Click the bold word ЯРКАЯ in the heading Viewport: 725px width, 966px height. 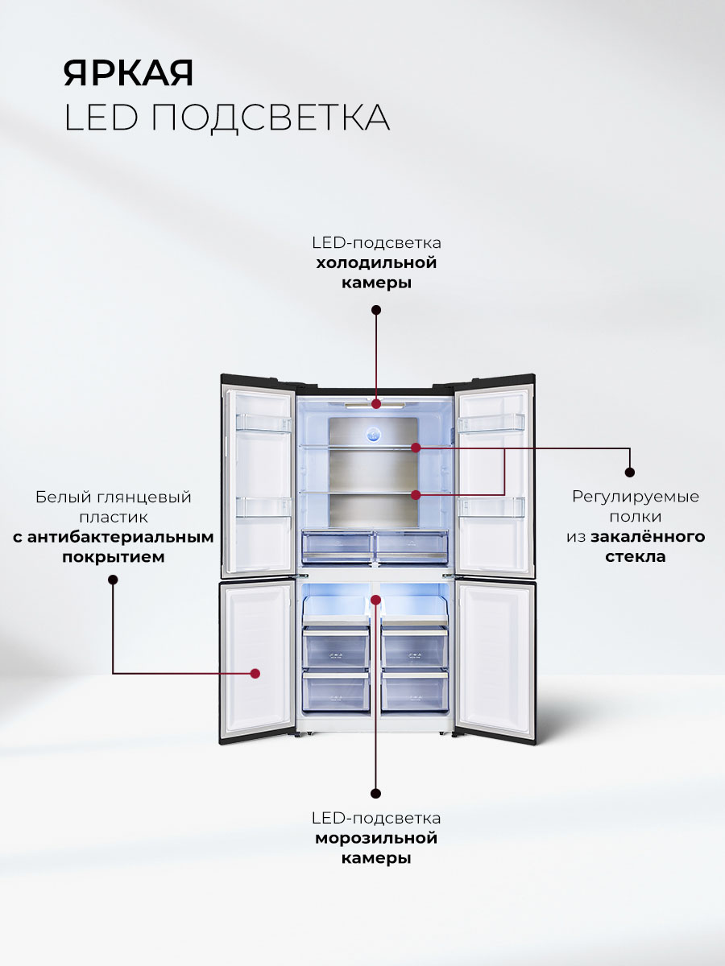click(x=129, y=73)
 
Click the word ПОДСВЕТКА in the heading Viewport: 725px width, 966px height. click(x=271, y=118)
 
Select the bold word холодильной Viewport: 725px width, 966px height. click(x=376, y=262)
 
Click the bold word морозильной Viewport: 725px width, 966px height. click(x=376, y=839)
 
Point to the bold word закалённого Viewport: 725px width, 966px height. click(x=648, y=536)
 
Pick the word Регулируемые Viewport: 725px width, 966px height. click(x=636, y=496)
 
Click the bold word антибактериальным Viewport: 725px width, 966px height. click(x=114, y=537)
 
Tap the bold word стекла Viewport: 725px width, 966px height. click(x=636, y=556)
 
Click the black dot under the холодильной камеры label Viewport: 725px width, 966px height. click(x=376, y=310)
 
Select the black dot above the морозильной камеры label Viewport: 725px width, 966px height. click(x=376, y=792)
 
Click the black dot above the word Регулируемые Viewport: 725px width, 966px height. click(x=630, y=473)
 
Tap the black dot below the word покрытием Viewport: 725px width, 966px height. click(x=113, y=580)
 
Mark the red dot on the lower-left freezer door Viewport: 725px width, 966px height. click(x=255, y=673)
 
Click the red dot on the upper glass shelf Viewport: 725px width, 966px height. click(x=416, y=447)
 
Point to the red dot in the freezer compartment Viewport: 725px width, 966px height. click(x=376, y=599)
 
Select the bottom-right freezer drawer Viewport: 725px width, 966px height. click(x=414, y=691)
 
